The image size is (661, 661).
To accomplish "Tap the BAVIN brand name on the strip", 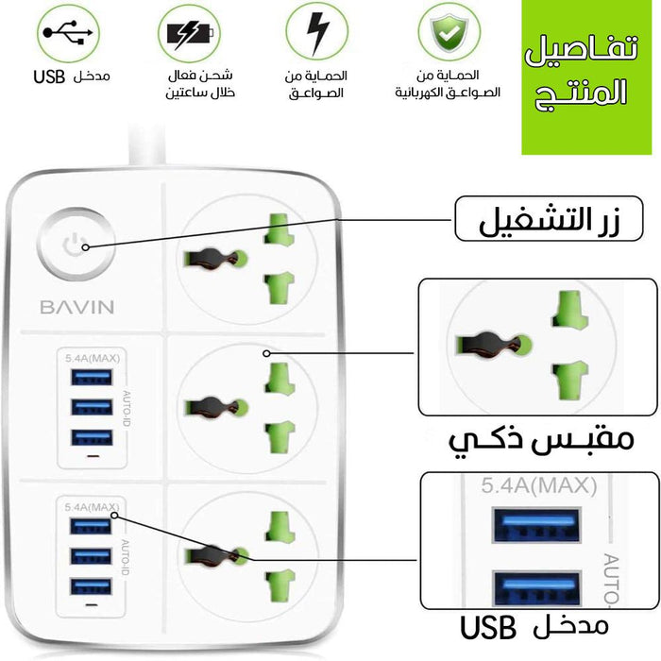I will point(77,307).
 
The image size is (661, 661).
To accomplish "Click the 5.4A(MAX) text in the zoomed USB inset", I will point(539,486).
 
